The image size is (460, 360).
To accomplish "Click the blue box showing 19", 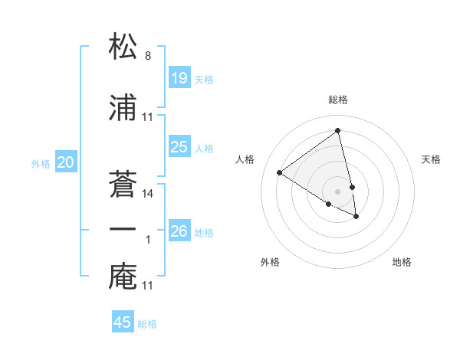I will click(179, 77).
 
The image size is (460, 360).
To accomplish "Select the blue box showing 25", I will click(179, 147).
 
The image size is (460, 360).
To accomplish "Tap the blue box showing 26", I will click(179, 231).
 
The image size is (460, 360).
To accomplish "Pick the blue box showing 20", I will click(66, 162).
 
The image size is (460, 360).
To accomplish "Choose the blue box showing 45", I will click(123, 322).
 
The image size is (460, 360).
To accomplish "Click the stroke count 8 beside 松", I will click(147, 55).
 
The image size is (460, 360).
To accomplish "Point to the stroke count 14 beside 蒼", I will click(148, 194).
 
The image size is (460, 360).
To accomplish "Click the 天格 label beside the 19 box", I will click(204, 79).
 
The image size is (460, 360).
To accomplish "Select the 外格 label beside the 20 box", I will click(41, 163).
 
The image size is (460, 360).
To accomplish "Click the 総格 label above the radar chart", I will click(338, 100).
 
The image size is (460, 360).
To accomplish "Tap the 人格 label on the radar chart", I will click(245, 159).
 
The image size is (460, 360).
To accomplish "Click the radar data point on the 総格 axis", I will click(338, 131).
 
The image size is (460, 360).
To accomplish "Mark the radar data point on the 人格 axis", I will click(280, 173).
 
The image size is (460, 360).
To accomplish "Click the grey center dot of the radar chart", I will click(338, 191).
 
